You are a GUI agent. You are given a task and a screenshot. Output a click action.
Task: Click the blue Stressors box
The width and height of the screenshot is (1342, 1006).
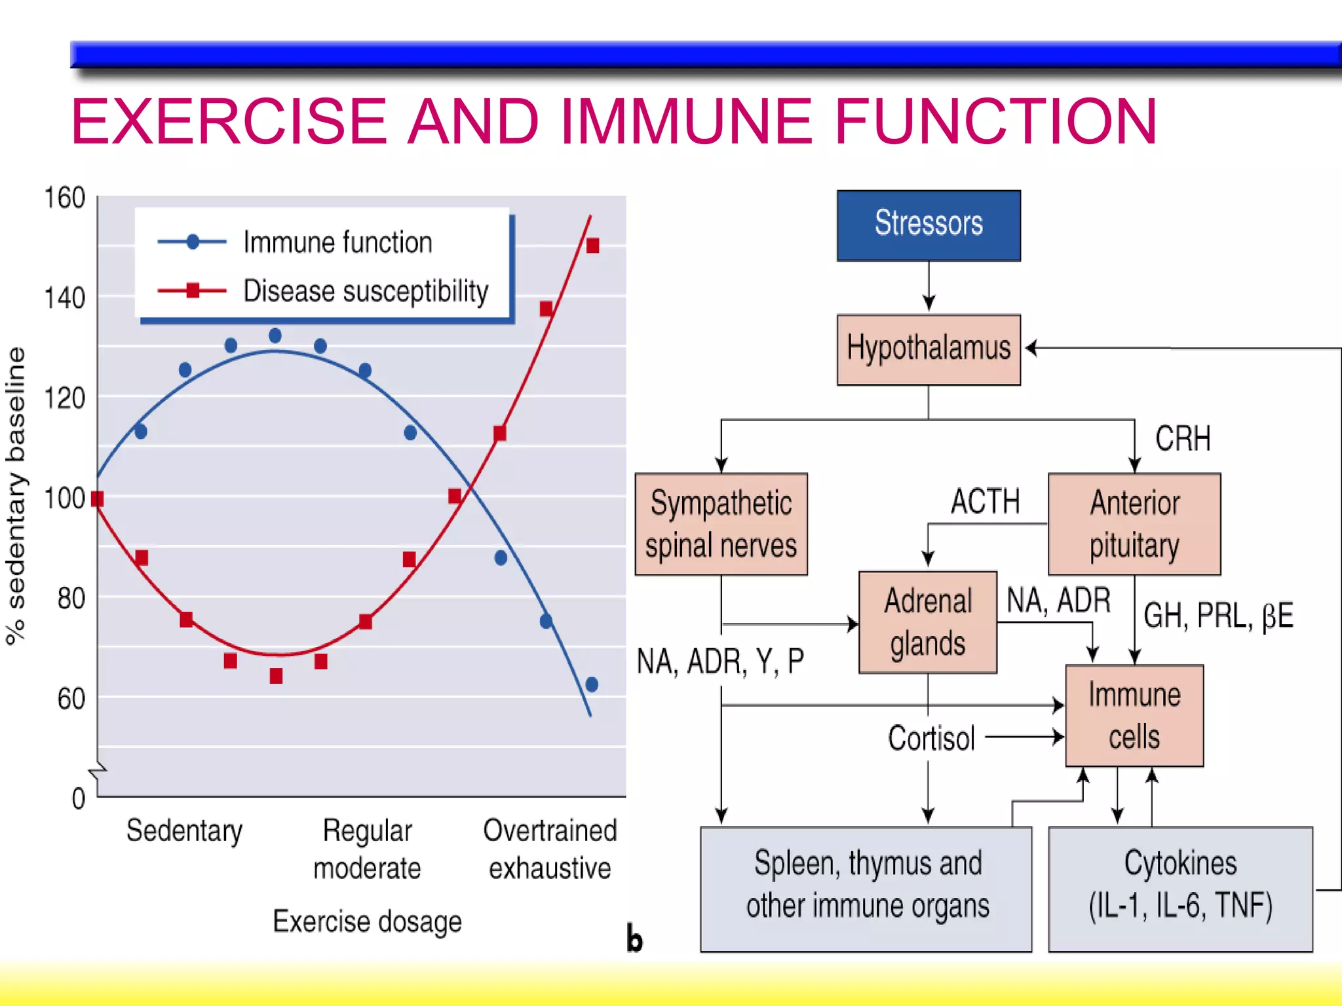928,225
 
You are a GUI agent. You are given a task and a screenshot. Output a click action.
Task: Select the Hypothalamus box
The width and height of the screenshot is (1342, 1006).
928,348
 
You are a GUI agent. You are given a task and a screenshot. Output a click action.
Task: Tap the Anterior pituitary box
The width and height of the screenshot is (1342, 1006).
1134,524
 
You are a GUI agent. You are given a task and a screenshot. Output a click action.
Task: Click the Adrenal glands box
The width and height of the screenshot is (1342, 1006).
927,622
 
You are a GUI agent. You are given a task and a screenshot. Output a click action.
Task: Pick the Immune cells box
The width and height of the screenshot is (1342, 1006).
1134,715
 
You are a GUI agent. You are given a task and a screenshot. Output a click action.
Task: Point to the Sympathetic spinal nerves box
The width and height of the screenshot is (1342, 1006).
721,524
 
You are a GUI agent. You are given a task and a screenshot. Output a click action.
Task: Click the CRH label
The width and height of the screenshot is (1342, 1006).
1182,438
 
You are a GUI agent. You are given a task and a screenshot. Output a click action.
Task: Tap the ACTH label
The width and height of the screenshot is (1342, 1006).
985,502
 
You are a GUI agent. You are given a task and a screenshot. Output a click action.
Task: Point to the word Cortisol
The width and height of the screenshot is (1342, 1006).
931,738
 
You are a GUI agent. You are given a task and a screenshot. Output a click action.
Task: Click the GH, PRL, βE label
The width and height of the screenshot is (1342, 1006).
1218,616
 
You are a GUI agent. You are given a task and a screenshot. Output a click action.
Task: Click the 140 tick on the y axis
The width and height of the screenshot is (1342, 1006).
64,298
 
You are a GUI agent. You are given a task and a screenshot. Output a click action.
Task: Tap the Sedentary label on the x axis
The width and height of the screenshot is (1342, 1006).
184,830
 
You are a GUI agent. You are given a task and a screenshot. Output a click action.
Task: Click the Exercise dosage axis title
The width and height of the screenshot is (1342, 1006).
367,921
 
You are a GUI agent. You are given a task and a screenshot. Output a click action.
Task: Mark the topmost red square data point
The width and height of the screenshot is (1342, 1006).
592,246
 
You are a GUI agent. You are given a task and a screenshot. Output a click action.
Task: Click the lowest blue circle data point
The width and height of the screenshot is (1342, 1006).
592,684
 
